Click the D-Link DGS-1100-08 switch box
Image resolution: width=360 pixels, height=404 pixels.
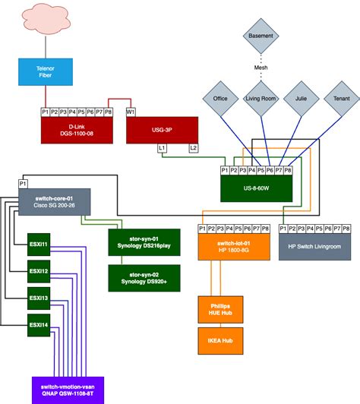[x=76, y=130]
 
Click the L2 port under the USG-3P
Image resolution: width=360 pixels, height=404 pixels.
[x=194, y=147]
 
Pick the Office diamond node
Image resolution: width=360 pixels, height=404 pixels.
[x=219, y=98]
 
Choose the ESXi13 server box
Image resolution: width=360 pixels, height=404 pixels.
[x=39, y=298]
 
